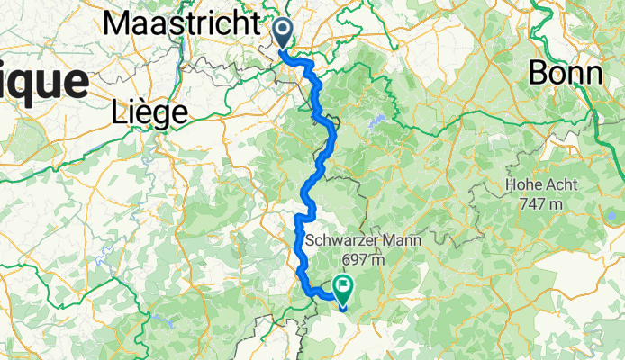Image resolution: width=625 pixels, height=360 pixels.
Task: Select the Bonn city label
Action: (565, 71)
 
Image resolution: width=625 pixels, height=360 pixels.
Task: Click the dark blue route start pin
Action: (283, 35)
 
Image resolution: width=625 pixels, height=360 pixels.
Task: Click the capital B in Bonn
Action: (538, 71)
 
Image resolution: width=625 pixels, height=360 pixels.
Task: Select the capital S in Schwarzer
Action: (312, 241)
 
